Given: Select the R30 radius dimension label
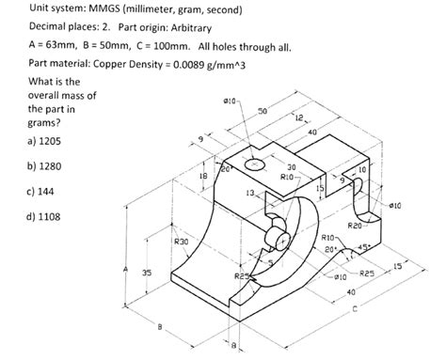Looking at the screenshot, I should pyautogui.click(x=181, y=242).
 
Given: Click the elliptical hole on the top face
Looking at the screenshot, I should pyautogui.click(x=256, y=164).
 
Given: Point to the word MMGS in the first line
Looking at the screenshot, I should pyautogui.click(x=83, y=10).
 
